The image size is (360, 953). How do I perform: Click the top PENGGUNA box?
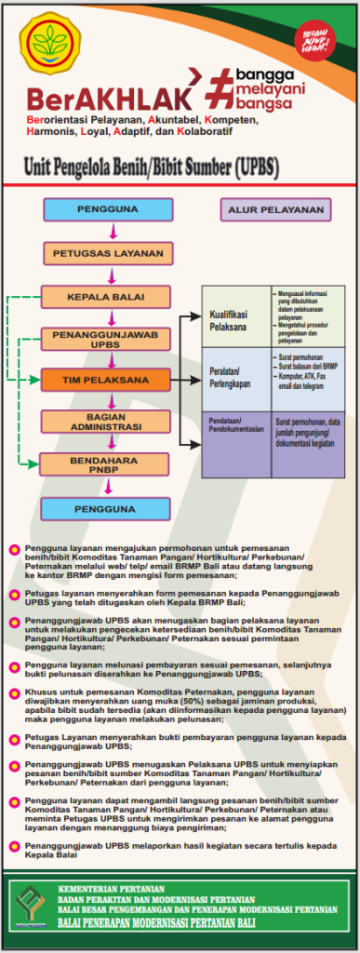click(109, 209)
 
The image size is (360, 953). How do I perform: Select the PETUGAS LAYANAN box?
click(109, 252)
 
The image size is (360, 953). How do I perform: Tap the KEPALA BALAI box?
click(105, 297)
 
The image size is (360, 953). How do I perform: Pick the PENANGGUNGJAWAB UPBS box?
click(105, 339)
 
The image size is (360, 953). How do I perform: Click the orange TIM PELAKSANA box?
click(105, 381)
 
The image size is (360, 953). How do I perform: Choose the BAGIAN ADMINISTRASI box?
click(105, 422)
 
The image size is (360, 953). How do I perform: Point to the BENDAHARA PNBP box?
click(105, 464)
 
